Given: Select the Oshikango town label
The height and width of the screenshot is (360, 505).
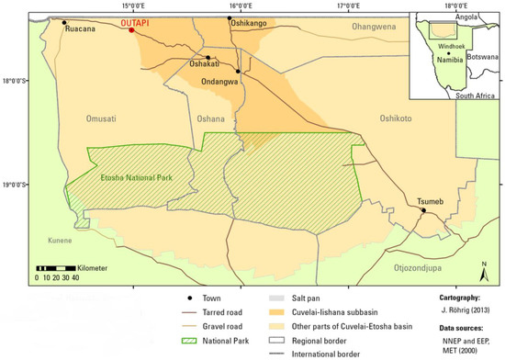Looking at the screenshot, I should point(251,20).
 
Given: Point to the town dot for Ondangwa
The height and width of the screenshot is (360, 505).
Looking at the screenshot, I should point(238,70).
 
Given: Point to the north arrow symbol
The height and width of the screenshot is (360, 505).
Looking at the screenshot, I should point(485,267).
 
